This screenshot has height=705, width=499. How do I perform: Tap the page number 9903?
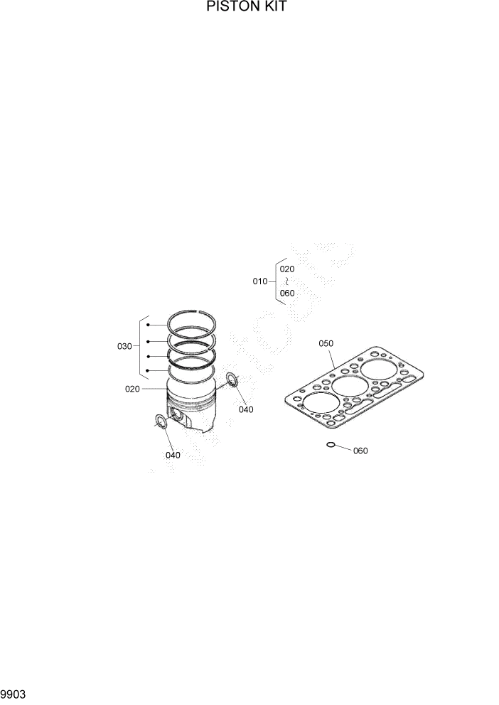[14, 692]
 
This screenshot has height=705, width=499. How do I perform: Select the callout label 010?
[260, 281]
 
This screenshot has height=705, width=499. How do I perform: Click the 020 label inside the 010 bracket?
[286, 269]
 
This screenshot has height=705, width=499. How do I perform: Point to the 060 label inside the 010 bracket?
[286, 293]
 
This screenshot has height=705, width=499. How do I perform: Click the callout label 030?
[124, 346]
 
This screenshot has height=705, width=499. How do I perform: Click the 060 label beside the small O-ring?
[360, 451]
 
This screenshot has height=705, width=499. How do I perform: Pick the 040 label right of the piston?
[245, 409]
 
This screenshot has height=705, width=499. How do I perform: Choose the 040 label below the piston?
[173, 455]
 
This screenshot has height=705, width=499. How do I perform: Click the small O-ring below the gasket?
[331, 445]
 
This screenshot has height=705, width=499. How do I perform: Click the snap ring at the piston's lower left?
[161, 424]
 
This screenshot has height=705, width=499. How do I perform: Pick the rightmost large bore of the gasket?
[376, 371]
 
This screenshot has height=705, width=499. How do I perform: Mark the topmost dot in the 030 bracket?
[148, 325]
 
